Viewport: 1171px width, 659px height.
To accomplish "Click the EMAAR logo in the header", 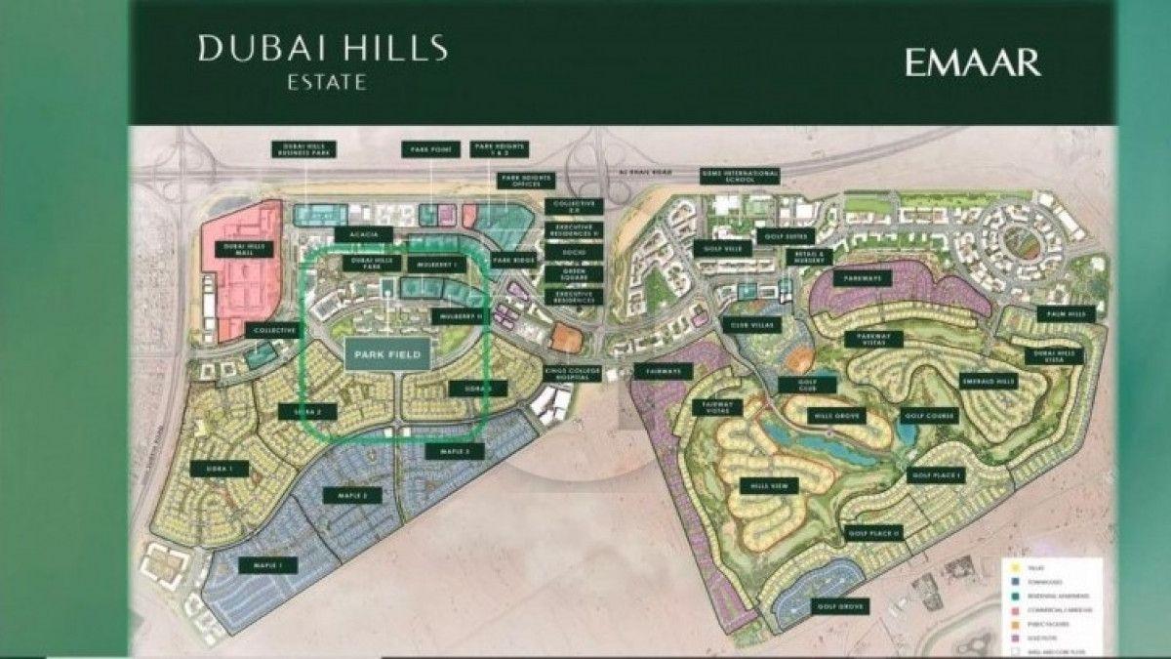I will coord(972,62).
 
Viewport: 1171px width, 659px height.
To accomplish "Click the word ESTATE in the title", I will coord(323,83).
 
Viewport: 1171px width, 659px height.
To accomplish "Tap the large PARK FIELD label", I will coord(387,355).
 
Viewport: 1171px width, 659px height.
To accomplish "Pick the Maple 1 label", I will coord(262,565).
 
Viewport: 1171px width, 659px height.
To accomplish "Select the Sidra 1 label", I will coord(220,470).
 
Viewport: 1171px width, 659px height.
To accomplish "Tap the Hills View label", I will coord(769,485).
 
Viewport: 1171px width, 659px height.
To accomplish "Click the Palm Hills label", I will coord(1070,315).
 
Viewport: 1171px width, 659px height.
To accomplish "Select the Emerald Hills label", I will coord(989,381).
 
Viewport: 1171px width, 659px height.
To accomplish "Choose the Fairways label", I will coord(662,371).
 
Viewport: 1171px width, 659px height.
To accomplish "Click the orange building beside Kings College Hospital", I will coord(565,338).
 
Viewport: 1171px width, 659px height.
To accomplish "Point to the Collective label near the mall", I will coord(274,331).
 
